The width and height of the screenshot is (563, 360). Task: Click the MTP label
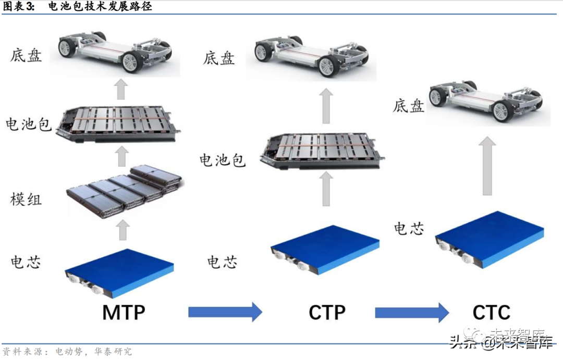click(124, 313)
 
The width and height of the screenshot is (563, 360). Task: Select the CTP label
click(327, 313)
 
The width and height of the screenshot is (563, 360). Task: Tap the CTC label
click(491, 313)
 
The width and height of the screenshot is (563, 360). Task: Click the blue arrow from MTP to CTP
click(225, 312)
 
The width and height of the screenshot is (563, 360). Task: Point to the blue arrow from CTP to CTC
click(412, 312)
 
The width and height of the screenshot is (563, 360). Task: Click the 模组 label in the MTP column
click(26, 199)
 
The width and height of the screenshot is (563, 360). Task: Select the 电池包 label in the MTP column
click(28, 124)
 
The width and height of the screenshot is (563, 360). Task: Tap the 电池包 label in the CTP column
click(223, 159)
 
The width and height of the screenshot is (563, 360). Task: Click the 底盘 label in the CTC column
click(409, 106)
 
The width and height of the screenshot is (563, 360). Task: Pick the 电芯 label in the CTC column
click(409, 228)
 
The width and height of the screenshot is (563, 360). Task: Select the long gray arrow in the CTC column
click(487, 165)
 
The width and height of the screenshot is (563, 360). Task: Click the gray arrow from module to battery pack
click(121, 155)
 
